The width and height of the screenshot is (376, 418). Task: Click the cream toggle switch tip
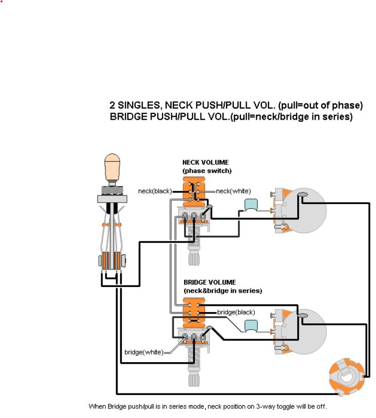click(111, 167)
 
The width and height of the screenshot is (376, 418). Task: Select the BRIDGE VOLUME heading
click(209, 282)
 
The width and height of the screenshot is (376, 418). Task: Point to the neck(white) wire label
click(233, 191)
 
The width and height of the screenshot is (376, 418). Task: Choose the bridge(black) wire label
click(235, 312)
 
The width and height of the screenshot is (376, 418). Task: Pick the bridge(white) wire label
click(144, 352)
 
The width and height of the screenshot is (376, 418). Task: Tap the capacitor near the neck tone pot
click(250, 204)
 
